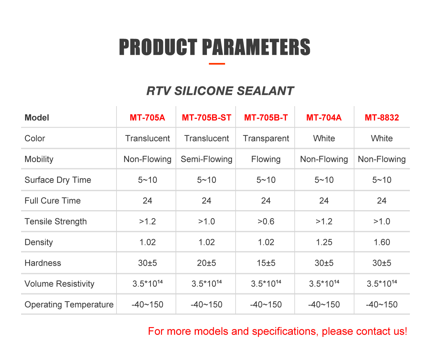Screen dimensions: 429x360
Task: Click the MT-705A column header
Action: (x=147, y=118)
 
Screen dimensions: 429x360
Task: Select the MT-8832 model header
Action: (x=381, y=118)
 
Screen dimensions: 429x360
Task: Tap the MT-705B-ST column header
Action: (x=207, y=118)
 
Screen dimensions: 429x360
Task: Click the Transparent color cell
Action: (x=266, y=138)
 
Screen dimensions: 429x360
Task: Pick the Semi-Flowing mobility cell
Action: (x=207, y=159)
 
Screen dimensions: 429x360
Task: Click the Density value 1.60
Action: (x=381, y=242)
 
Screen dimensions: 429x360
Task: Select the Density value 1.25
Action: (x=324, y=242)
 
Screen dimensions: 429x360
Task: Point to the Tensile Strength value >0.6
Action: (x=266, y=222)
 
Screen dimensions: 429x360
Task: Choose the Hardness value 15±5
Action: (x=266, y=263)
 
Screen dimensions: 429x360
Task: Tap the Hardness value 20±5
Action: (x=207, y=263)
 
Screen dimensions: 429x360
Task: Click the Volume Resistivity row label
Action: (x=59, y=284)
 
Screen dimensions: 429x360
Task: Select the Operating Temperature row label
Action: (x=69, y=305)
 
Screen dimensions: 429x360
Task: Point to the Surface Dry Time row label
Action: (x=58, y=180)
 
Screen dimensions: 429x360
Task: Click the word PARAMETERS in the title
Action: (x=256, y=47)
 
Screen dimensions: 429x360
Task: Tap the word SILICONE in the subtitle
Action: (x=204, y=91)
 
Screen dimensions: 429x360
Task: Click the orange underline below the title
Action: (x=217, y=64)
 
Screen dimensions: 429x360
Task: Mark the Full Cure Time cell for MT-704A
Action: (x=324, y=201)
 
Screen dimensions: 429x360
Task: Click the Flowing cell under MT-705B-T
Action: (x=266, y=159)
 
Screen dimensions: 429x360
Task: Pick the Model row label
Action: (x=37, y=118)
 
